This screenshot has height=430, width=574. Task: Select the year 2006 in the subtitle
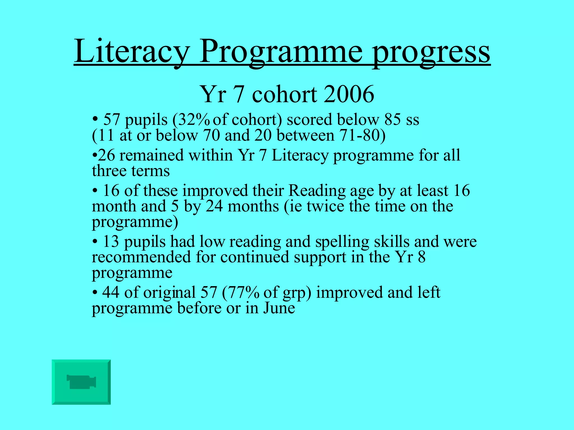349,94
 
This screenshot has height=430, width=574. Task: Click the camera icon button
81,382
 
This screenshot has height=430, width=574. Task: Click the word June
279,308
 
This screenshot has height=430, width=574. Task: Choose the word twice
325,206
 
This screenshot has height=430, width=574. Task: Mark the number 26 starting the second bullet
107,155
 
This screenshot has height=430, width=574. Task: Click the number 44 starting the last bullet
111,293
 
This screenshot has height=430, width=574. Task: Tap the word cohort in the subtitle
285,94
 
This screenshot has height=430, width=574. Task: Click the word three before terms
109,171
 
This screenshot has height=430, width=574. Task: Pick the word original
170,293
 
